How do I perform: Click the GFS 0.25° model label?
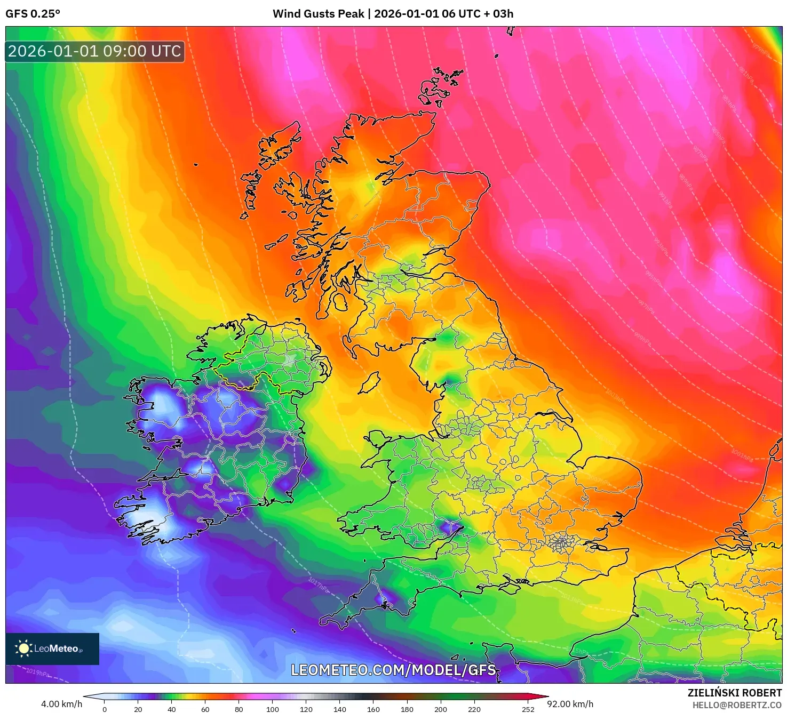pos(33,14)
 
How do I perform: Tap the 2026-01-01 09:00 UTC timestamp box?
pos(95,51)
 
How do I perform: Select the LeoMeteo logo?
pos(52,648)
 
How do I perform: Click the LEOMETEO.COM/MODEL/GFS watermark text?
pos(393,670)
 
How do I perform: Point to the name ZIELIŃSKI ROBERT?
pos(734,693)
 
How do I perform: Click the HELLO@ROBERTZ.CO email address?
pos(736,705)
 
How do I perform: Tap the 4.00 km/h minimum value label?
pos(61,704)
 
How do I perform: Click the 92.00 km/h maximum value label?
pos(570,704)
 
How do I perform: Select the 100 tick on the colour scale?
pos(273,709)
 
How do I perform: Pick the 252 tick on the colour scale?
pos(528,709)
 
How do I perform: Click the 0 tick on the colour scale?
pos(105,709)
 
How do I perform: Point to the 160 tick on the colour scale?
pos(373,709)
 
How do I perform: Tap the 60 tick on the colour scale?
pos(205,709)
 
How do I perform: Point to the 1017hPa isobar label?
pos(319,584)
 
